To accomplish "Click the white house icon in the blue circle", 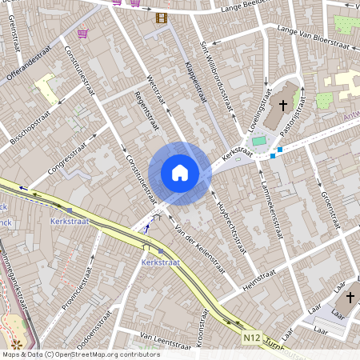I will [x=180, y=172].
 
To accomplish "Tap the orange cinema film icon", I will [x=162, y=17].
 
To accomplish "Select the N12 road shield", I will [x=251, y=339].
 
